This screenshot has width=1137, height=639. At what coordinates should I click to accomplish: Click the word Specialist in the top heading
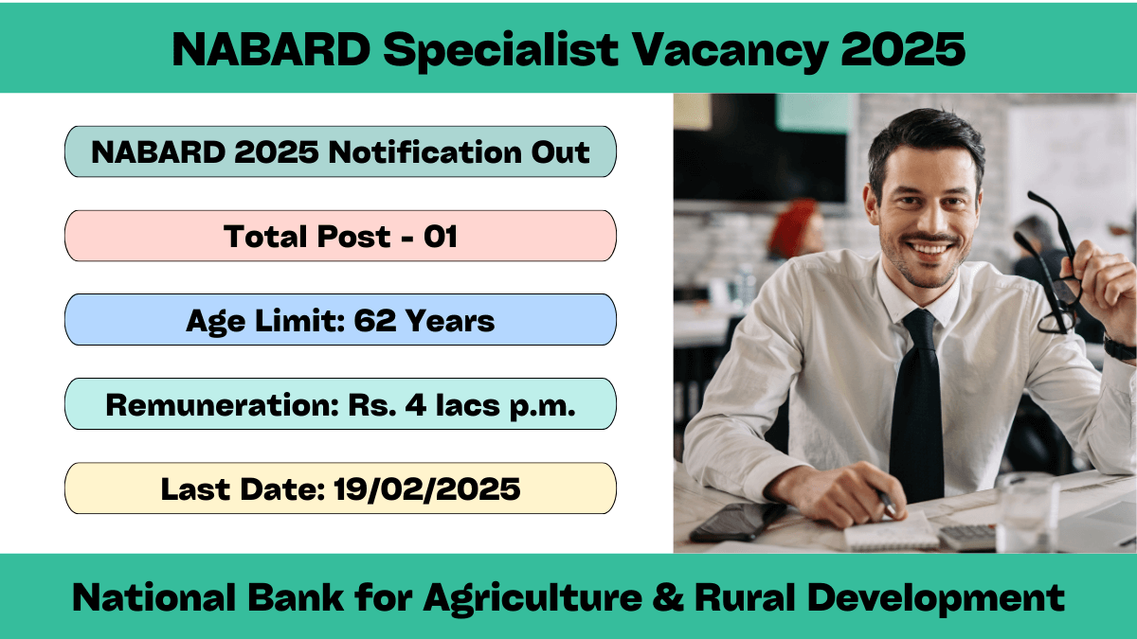500,49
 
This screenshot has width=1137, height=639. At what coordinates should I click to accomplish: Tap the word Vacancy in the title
731,49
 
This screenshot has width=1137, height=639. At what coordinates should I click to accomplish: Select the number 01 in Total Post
441,237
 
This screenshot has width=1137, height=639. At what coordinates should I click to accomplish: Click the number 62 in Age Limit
374,321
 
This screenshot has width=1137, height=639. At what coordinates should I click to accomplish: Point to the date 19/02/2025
427,489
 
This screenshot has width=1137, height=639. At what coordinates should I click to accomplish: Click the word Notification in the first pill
424,152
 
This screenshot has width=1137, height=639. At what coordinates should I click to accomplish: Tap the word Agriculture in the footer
532,599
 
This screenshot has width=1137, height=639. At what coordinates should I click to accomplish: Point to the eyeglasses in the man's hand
1051,264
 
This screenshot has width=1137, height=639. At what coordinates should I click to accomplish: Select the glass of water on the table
1027,513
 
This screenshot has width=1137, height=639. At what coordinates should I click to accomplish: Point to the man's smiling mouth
929,247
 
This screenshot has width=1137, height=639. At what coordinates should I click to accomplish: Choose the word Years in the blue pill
450,321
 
